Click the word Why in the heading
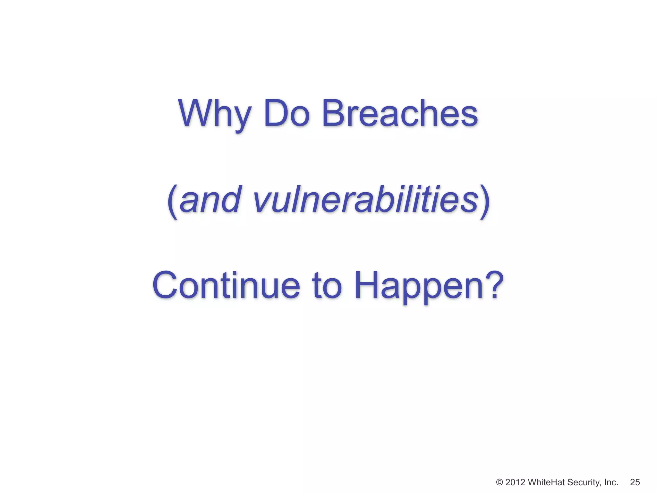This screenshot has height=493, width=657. (x=214, y=114)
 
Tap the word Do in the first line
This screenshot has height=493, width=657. (x=286, y=114)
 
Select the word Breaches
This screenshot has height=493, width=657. (x=400, y=114)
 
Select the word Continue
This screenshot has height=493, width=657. (x=226, y=285)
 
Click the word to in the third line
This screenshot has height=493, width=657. (x=327, y=285)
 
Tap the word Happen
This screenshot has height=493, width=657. (x=419, y=285)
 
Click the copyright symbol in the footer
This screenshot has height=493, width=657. (x=499, y=482)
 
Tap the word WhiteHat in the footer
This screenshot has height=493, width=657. (x=547, y=482)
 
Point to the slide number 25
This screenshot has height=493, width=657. (x=635, y=482)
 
